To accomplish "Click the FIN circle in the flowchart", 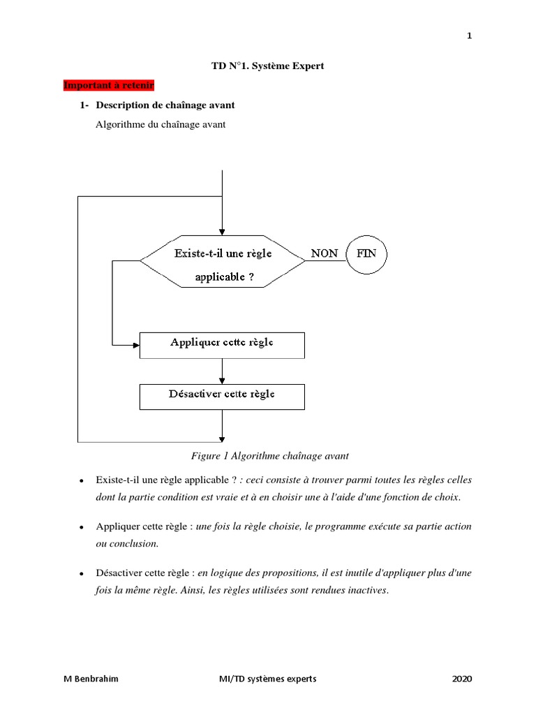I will tap(366, 253).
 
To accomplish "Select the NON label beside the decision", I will tap(324, 253).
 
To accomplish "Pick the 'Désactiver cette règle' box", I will tap(222, 395).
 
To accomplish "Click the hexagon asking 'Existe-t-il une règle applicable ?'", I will tap(222, 261).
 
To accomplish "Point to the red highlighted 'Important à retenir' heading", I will tap(108, 85).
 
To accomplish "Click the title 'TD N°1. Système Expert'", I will tap(268, 66).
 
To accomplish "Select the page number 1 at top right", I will tap(470, 36).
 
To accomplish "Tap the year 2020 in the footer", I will tap(462, 678).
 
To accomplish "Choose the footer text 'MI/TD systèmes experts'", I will tap(268, 678).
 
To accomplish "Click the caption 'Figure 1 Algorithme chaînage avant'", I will tap(269, 456).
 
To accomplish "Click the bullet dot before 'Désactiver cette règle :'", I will tap(82, 574).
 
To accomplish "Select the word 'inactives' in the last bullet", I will tap(365, 590).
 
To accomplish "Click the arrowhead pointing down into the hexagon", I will tap(222, 233).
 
